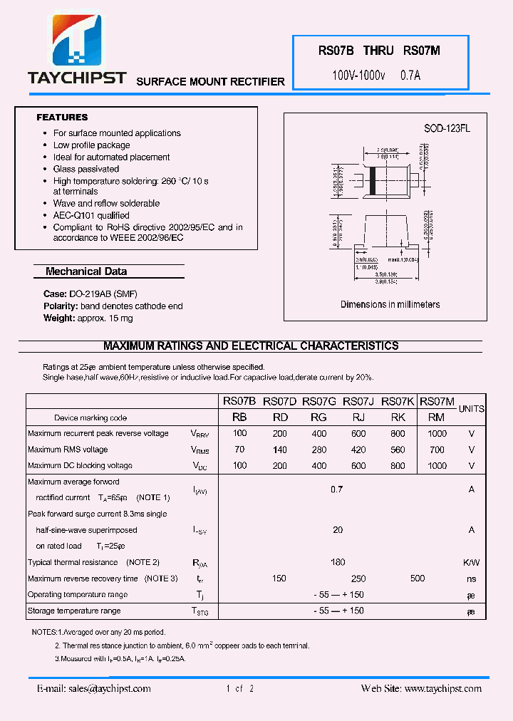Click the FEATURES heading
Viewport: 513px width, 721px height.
62,118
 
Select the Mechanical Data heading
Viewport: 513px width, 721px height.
86,271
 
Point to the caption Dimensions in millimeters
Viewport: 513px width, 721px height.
390,304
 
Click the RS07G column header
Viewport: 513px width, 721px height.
318,402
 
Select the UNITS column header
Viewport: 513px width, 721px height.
471,409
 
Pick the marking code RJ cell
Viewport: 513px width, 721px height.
358,417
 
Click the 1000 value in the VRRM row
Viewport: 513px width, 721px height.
437,433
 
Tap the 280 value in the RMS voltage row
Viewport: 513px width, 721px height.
319,450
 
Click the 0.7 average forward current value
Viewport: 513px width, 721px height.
337,489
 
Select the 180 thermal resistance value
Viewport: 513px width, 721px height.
338,562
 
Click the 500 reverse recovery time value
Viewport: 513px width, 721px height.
418,579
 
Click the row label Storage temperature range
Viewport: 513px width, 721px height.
74,611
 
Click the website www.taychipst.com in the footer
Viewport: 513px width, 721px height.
442,688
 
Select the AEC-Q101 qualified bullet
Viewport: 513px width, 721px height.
91,215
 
